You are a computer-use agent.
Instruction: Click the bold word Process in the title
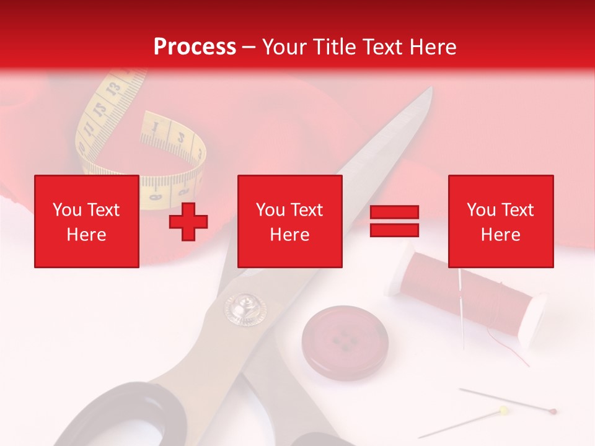click(x=195, y=46)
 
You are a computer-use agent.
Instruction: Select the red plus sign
click(x=188, y=221)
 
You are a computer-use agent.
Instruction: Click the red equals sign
click(x=394, y=221)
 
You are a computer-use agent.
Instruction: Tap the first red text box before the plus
click(x=86, y=221)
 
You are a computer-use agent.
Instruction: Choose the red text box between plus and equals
click(x=289, y=221)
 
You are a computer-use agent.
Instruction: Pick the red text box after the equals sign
click(x=500, y=221)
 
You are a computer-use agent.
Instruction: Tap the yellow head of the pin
click(x=504, y=410)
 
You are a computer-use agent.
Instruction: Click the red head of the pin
click(x=553, y=411)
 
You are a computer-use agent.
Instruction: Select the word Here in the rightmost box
click(x=500, y=234)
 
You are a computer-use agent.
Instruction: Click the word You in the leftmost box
click(x=66, y=209)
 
